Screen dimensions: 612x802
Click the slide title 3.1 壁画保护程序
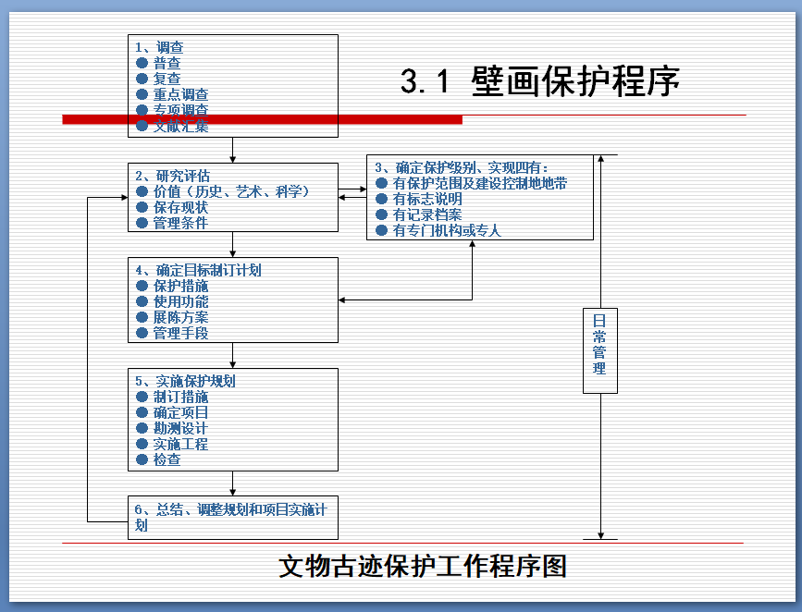point(540,81)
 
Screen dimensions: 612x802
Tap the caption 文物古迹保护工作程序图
point(422,565)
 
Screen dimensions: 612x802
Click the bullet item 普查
point(167,63)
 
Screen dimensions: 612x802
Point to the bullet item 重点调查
point(181,94)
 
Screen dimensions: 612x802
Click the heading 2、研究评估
point(172,176)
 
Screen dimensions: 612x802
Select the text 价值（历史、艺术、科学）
point(231,191)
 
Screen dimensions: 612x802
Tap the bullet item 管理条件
point(181,223)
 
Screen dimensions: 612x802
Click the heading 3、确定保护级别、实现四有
point(462,167)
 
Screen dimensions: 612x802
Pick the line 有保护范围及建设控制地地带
point(480,183)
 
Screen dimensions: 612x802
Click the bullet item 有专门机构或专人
point(447,230)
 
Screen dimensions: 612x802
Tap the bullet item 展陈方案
point(181,317)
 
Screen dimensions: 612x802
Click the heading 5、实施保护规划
point(185,381)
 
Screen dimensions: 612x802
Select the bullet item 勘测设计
point(181,428)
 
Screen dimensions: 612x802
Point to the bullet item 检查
point(167,459)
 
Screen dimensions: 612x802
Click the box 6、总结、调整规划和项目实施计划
point(231,517)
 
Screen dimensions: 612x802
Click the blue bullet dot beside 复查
point(142,79)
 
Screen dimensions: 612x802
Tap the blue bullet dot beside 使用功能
point(142,301)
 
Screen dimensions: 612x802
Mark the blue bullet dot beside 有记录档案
point(381,214)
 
